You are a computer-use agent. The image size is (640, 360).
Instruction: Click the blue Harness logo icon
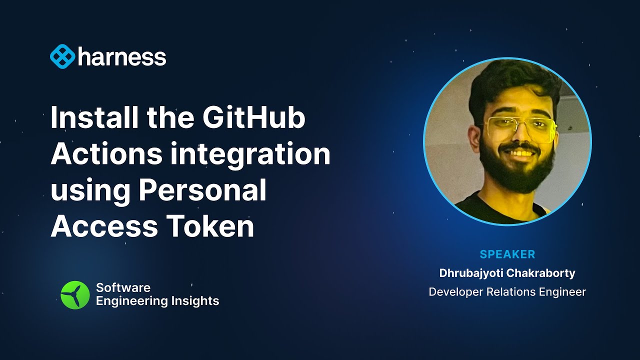tap(62, 57)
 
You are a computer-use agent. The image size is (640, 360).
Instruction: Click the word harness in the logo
tap(122, 57)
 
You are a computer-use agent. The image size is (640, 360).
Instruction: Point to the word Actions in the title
tap(106, 154)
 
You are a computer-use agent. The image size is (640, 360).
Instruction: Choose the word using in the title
tap(90, 191)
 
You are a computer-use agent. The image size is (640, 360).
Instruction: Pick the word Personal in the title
tap(202, 190)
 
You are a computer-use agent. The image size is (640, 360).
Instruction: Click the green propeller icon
tap(75, 294)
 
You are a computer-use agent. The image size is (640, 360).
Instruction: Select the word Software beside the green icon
tap(123, 287)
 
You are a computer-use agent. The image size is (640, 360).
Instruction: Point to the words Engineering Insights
tap(157, 301)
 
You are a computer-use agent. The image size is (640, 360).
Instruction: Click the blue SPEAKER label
tap(507, 254)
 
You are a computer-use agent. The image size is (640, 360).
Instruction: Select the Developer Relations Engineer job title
tap(507, 292)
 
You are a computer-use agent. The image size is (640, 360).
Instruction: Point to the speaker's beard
tap(515, 175)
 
